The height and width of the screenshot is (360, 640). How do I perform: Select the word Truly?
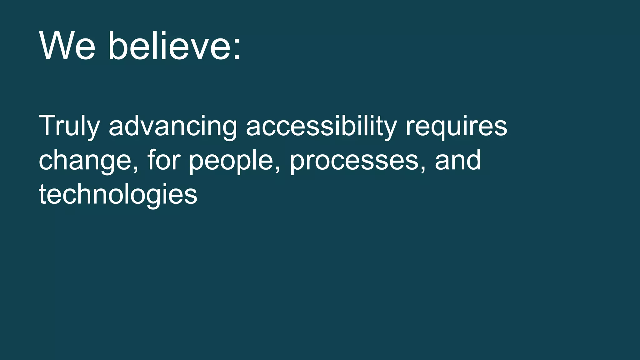tap(69, 126)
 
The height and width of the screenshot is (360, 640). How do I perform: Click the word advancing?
tap(173, 126)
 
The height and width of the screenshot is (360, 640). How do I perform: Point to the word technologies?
tap(118, 194)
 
